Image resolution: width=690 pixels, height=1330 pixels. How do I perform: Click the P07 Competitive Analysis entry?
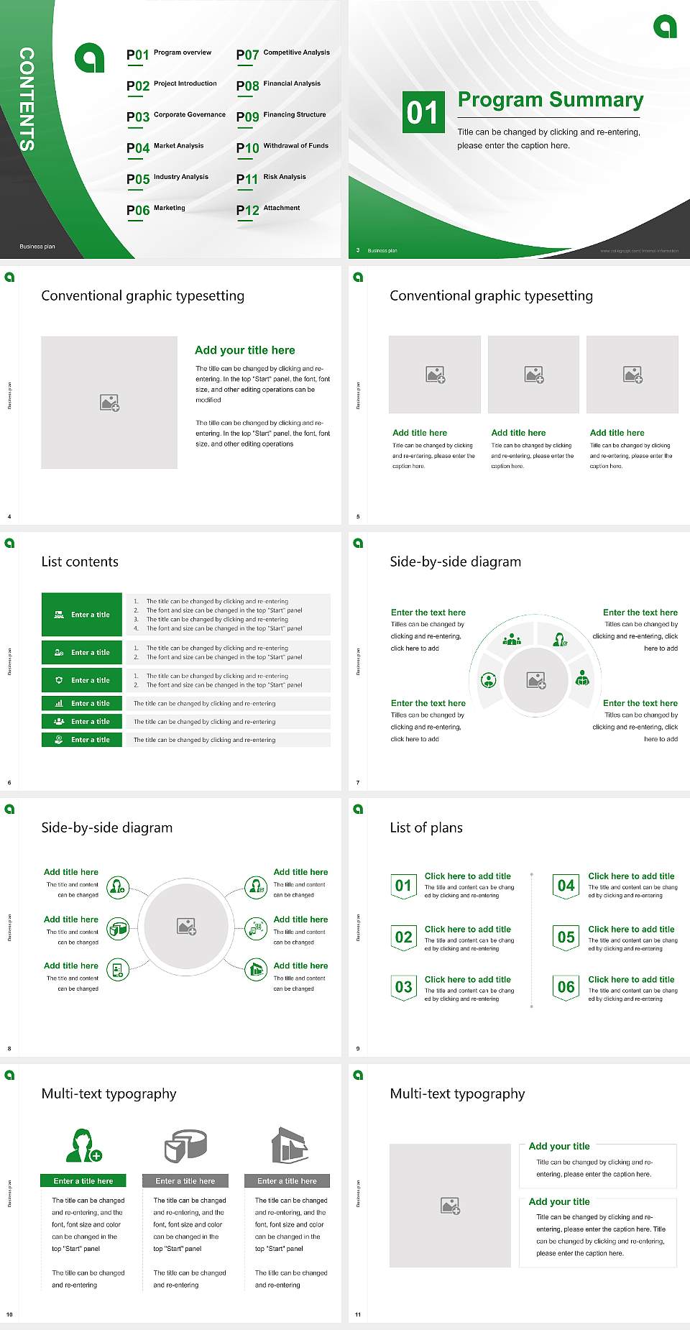coord(282,54)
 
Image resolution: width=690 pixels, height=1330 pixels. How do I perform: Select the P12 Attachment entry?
coord(268,209)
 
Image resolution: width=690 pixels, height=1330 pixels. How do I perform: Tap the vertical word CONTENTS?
coord(27,98)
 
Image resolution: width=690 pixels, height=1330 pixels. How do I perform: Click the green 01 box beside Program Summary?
coord(423,111)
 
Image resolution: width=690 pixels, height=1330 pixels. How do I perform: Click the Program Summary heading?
coord(550,100)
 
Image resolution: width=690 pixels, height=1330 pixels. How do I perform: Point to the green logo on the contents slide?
coord(90,58)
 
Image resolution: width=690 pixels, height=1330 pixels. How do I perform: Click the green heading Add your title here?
coord(244,350)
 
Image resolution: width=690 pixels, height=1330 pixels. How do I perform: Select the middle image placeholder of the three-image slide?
coord(533,374)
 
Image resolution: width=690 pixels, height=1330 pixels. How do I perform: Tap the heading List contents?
coord(80,561)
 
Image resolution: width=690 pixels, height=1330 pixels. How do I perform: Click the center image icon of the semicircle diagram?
coord(536,679)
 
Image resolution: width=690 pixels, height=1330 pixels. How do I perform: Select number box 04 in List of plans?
coord(566,886)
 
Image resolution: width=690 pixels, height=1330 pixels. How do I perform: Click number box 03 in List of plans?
coord(403,987)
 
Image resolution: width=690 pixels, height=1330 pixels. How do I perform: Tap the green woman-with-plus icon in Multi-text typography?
coord(83,1145)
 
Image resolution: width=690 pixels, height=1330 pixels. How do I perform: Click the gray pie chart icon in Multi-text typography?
coord(185,1145)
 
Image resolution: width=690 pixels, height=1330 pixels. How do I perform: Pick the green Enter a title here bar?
coord(83,1180)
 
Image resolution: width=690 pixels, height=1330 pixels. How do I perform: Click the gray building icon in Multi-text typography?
coord(289,1145)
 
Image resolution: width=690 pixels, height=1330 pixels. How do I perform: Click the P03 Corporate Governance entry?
coord(175,116)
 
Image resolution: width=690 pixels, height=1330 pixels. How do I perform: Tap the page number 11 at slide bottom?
coord(358,1314)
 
